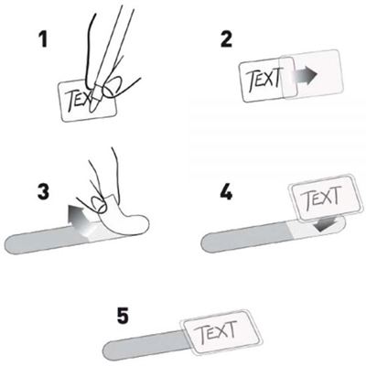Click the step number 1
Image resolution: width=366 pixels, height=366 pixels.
(44, 40)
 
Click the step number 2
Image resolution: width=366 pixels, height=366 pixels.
(226, 40)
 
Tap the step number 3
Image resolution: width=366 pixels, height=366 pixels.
(43, 192)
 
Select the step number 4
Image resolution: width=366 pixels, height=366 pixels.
(226, 192)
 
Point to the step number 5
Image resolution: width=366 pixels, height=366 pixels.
(123, 317)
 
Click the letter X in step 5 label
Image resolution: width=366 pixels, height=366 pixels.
(222, 331)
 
